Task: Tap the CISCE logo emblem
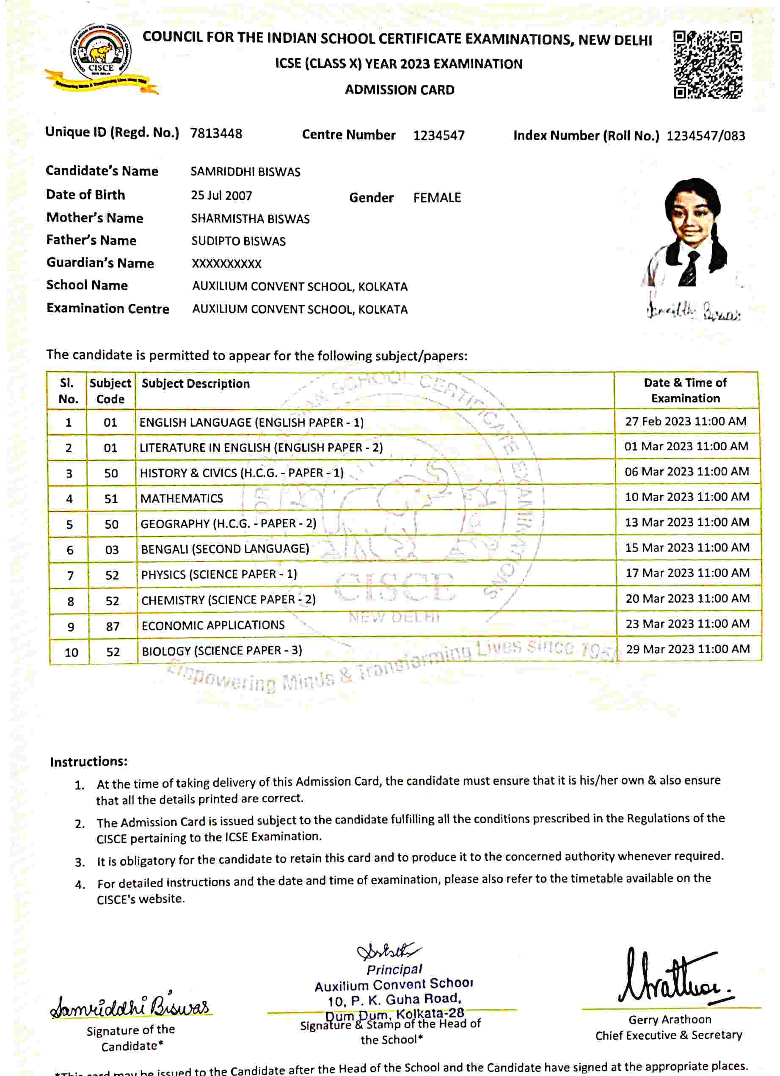coord(101,56)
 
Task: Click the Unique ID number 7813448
coord(216,134)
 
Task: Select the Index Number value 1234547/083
coord(706,136)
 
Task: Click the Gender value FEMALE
coord(436,198)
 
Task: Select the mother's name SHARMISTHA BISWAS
coord(250,219)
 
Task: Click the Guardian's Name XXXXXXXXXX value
coord(226,264)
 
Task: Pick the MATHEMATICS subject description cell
coord(181,499)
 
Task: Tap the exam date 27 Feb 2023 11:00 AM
coord(685,421)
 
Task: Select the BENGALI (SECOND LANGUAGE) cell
coord(225,549)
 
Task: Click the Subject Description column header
coord(196,383)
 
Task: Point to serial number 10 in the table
coord(71,653)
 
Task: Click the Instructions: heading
coord(89,761)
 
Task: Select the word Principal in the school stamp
coord(394,969)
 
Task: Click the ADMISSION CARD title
coord(400,90)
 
